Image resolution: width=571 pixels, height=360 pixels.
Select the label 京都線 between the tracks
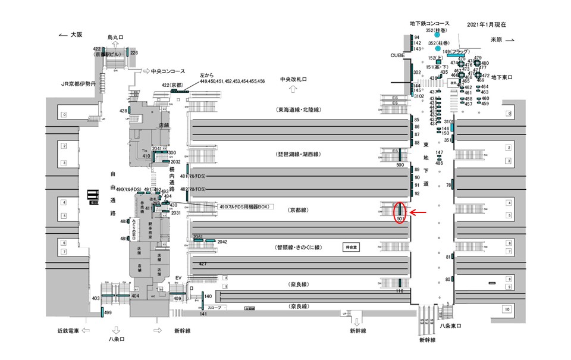pos(297,210)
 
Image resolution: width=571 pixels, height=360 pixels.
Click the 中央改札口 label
pos(293,79)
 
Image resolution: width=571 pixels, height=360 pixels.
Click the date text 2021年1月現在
pos(487,25)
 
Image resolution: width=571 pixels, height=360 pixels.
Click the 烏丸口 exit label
pos(115,37)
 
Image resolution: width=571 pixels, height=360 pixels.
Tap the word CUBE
pos(397,55)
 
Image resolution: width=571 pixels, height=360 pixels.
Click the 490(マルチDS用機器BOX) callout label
pos(244,206)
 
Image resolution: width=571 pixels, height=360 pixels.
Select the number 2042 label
pos(222,242)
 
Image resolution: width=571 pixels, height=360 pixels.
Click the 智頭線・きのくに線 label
pos(298,247)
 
